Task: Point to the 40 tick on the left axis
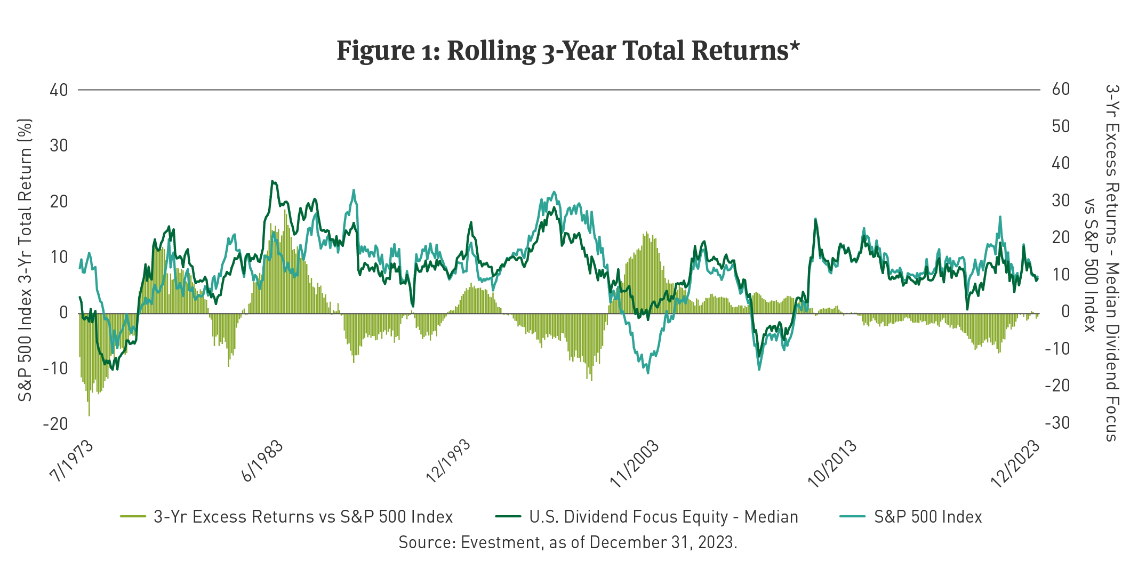[59, 90]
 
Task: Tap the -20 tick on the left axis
[55, 424]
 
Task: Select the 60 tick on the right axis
[1061, 89]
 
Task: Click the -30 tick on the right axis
[1057, 423]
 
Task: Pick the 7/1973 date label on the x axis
[71, 461]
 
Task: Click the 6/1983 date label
[262, 461]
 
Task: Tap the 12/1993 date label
[448, 461]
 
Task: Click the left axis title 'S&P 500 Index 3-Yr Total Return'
[25, 260]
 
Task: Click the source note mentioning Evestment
[568, 542]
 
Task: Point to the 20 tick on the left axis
[59, 202]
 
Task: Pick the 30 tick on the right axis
[1061, 201]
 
